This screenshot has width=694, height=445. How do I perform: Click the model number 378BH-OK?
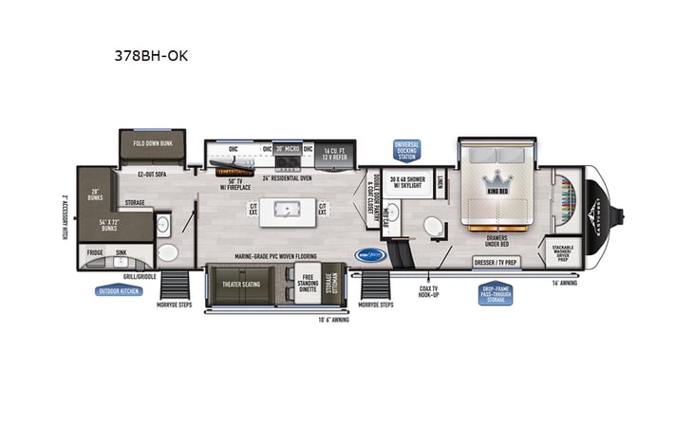click(150, 55)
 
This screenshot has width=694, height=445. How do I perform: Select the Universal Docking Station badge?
click(407, 151)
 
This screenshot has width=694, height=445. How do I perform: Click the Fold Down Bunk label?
click(152, 143)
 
